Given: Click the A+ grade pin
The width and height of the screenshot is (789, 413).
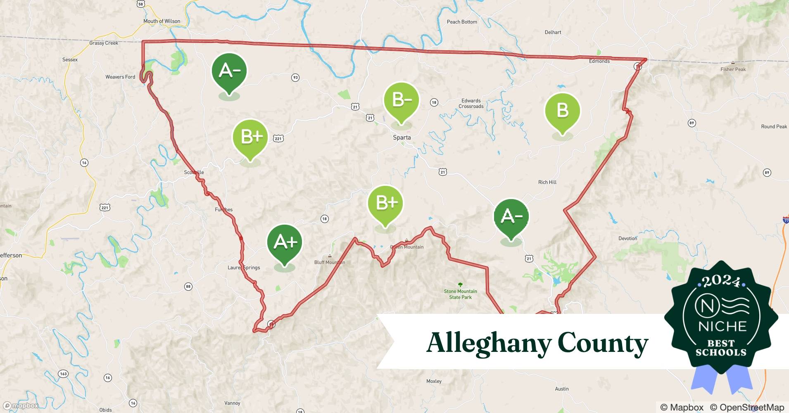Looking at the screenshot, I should pyautogui.click(x=285, y=243).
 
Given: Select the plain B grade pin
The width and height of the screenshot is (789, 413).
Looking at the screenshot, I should pyautogui.click(x=562, y=111).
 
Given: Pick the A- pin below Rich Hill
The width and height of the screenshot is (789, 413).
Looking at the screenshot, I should pyautogui.click(x=511, y=216).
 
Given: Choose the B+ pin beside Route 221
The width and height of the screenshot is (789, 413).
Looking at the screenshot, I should pyautogui.click(x=251, y=137).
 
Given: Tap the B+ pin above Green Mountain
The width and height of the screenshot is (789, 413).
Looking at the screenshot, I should pyautogui.click(x=385, y=203).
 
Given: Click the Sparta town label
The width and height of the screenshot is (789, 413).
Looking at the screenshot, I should pyautogui.click(x=402, y=138).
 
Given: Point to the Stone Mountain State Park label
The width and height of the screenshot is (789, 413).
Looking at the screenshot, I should pyautogui.click(x=460, y=294).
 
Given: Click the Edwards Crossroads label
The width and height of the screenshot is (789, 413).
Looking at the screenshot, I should pyautogui.click(x=471, y=103).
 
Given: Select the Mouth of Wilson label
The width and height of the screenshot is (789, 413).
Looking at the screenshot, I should pyautogui.click(x=162, y=21).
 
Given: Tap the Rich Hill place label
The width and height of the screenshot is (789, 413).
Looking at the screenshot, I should pyautogui.click(x=547, y=182).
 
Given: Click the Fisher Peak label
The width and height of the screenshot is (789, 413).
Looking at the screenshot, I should pyautogui.click(x=733, y=69).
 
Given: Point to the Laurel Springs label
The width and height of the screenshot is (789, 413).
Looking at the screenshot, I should pyautogui.click(x=244, y=268).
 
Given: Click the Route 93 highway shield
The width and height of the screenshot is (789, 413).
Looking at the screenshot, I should pyautogui.click(x=295, y=78).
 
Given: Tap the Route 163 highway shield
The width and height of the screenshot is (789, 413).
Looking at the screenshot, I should pyautogui.click(x=63, y=374).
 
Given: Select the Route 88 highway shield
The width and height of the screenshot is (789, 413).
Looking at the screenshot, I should pyautogui.click(x=188, y=286).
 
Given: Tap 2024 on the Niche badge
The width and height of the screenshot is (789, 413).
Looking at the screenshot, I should pyautogui.click(x=721, y=282).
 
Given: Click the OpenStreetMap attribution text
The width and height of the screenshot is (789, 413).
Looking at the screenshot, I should pyautogui.click(x=747, y=407).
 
